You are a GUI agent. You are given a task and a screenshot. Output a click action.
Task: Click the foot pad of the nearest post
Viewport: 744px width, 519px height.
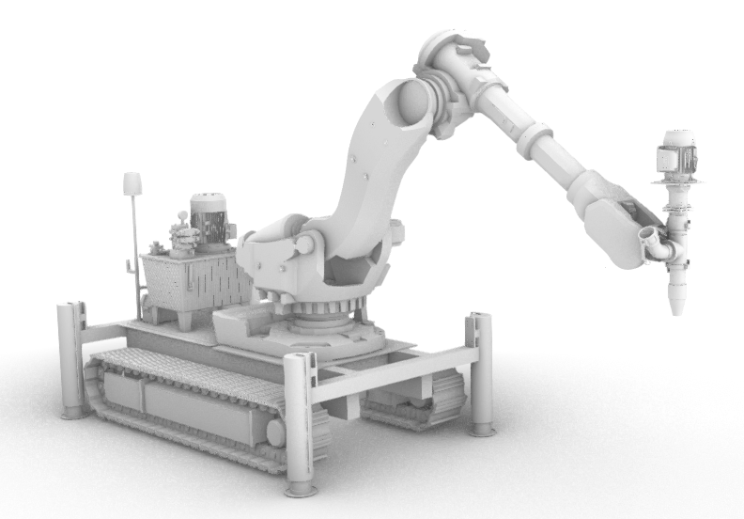coord(301,488)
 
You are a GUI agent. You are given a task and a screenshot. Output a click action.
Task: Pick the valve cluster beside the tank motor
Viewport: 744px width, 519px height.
coord(179,235)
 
